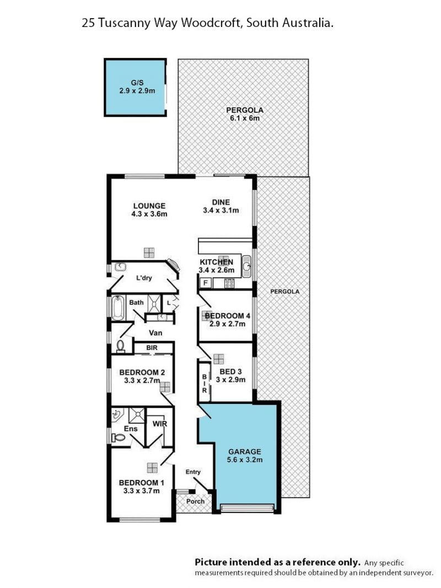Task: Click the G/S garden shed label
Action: (137, 83)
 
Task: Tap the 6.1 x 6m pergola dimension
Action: (245, 118)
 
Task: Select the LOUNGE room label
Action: (149, 206)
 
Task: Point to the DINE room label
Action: (221, 202)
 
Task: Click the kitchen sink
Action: (246, 266)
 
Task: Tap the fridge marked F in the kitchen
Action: (206, 283)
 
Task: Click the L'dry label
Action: (144, 278)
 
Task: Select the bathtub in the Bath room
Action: (118, 308)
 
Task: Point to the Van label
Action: (155, 333)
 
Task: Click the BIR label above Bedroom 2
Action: (152, 348)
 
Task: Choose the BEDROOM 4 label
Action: (228, 316)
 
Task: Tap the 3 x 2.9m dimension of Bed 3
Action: (230, 380)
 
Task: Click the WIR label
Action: (159, 424)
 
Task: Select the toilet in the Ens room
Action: (119, 437)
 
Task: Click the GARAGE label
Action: (245, 452)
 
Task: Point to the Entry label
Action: (193, 472)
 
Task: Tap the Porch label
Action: (195, 501)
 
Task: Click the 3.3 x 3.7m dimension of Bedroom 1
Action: (141, 491)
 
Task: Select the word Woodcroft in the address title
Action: (211, 23)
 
